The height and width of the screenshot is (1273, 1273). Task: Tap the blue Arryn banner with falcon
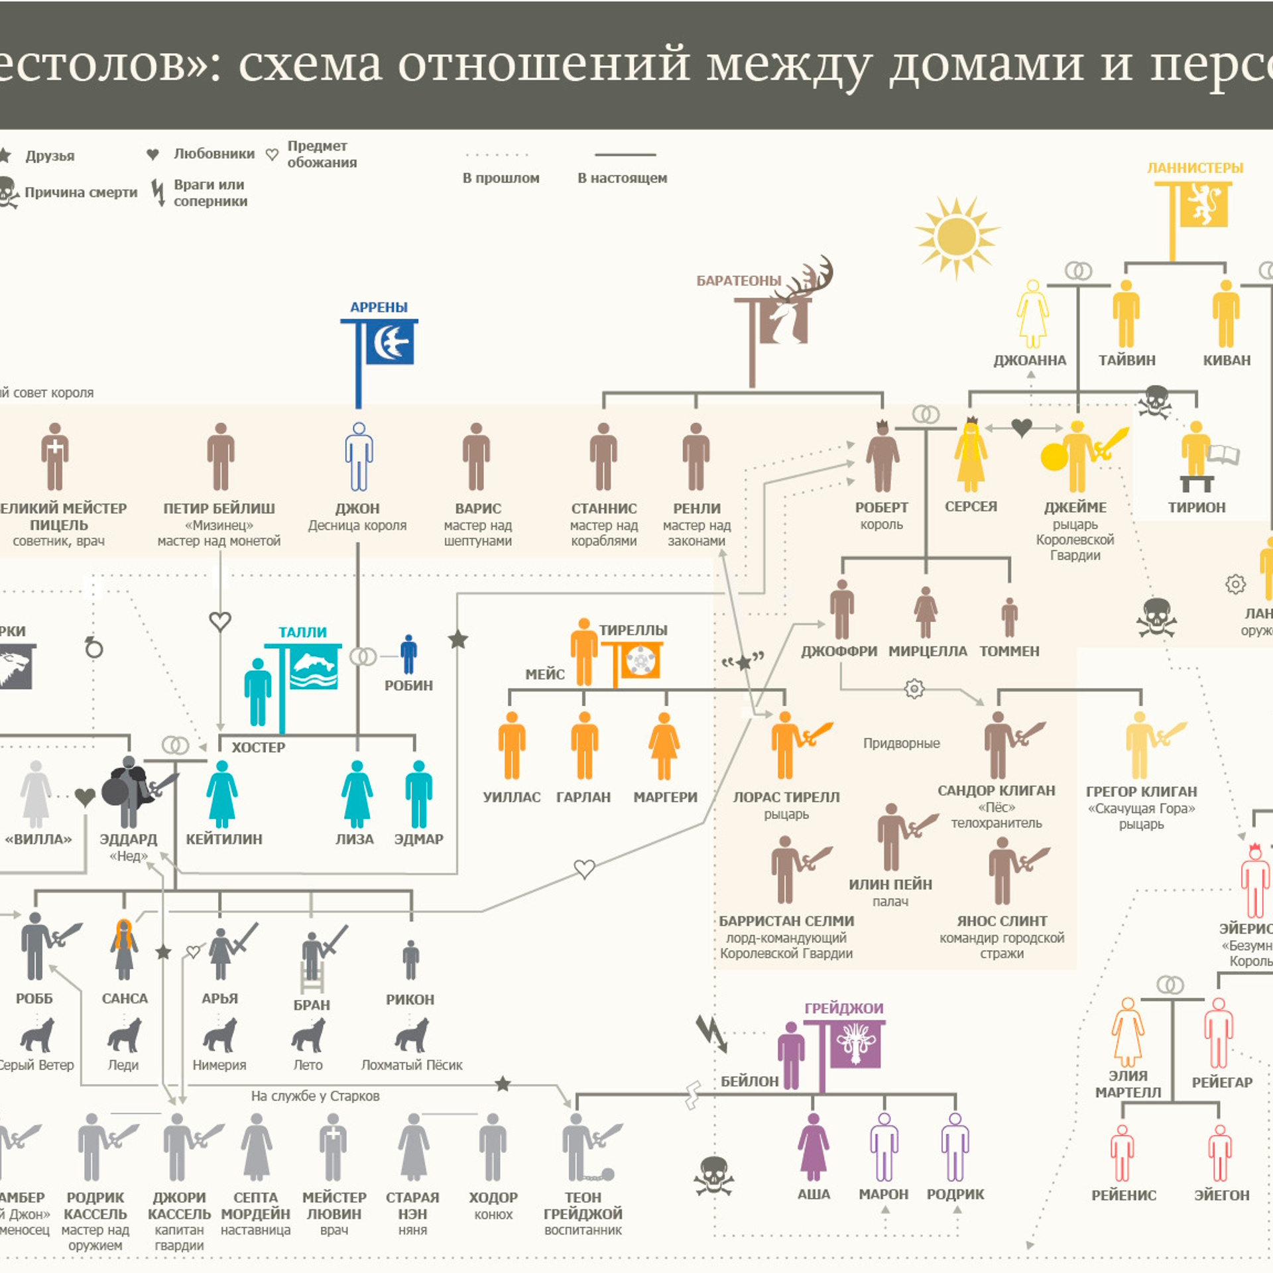pos(389,343)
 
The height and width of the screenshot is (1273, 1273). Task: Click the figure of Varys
pos(476,457)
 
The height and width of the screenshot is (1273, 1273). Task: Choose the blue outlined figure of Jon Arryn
pos(359,457)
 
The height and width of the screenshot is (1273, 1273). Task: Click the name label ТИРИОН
pos(1196,508)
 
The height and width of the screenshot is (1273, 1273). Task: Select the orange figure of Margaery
pos(664,745)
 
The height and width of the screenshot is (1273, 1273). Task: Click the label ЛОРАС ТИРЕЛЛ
pos(786,797)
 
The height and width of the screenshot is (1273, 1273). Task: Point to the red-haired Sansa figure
pos(124,949)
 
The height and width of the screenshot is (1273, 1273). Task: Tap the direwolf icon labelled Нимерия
pos(219,1036)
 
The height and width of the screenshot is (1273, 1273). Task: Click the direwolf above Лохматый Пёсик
pos(411,1036)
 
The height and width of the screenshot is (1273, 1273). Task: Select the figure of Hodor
pos(493,1147)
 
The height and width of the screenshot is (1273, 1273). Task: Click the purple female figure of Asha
pos(814,1147)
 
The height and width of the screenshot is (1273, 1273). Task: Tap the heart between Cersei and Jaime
pos(1022,428)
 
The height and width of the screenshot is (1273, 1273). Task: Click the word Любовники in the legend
pos(214,154)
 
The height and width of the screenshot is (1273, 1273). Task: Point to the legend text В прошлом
pos(501,178)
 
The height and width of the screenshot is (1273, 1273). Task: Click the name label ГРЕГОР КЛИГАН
pos(1141,792)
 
